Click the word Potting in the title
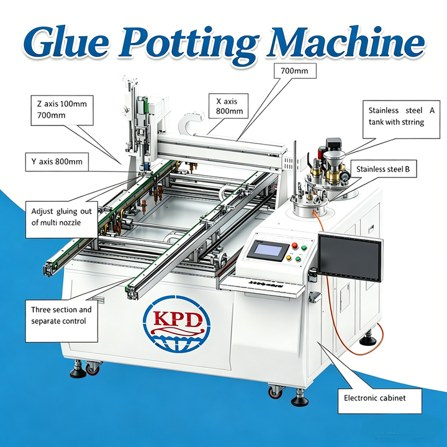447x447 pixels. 188,44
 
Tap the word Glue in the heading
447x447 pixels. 66,42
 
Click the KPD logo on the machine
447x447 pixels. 176,324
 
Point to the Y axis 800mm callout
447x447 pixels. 56,162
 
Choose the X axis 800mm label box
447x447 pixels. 228,106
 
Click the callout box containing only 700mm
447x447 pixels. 295,71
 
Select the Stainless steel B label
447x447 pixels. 383,169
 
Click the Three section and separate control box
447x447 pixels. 61,321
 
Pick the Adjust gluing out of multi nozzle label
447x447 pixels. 61,220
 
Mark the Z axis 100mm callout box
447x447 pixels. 62,111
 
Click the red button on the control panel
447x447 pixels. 294,245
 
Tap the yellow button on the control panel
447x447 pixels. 289,258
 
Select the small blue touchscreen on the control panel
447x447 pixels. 268,250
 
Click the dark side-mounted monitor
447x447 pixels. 350,257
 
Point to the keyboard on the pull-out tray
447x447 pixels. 266,284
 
